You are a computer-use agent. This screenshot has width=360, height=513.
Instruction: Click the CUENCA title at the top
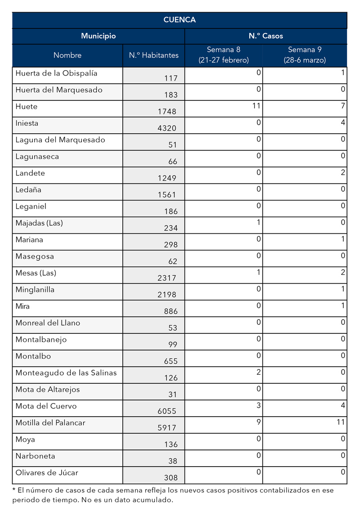pyautogui.click(x=180, y=20)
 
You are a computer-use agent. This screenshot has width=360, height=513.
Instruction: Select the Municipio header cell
pyautogui.click(x=98, y=36)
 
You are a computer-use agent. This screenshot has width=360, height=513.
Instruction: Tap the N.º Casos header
pyautogui.click(x=265, y=36)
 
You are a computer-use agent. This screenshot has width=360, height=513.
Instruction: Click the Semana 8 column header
pyautogui.click(x=223, y=54)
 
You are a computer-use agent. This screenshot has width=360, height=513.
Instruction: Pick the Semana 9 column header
pyautogui.click(x=305, y=54)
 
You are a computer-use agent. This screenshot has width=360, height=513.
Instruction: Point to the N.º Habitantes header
pyautogui.click(x=153, y=55)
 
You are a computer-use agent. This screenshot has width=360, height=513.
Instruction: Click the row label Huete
pyautogui.click(x=27, y=107)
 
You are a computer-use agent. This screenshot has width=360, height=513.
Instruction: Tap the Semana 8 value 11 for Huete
pyautogui.click(x=256, y=106)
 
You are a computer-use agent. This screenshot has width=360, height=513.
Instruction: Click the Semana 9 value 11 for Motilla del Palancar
pyautogui.click(x=341, y=422)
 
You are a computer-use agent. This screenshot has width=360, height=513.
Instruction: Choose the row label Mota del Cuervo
pyautogui.click(x=46, y=406)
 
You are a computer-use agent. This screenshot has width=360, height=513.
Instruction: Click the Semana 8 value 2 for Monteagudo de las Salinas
pyautogui.click(x=258, y=372)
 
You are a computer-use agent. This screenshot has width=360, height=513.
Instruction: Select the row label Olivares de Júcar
pyautogui.click(x=47, y=473)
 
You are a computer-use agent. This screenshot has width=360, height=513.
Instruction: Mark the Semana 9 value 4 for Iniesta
pyautogui.click(x=342, y=123)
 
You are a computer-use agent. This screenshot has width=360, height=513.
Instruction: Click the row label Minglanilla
pyautogui.click(x=35, y=290)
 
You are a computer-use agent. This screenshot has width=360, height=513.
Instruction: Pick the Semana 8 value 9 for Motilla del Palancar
pyautogui.click(x=258, y=422)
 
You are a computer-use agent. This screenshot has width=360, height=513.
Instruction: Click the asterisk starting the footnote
pyautogui.click(x=14, y=490)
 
